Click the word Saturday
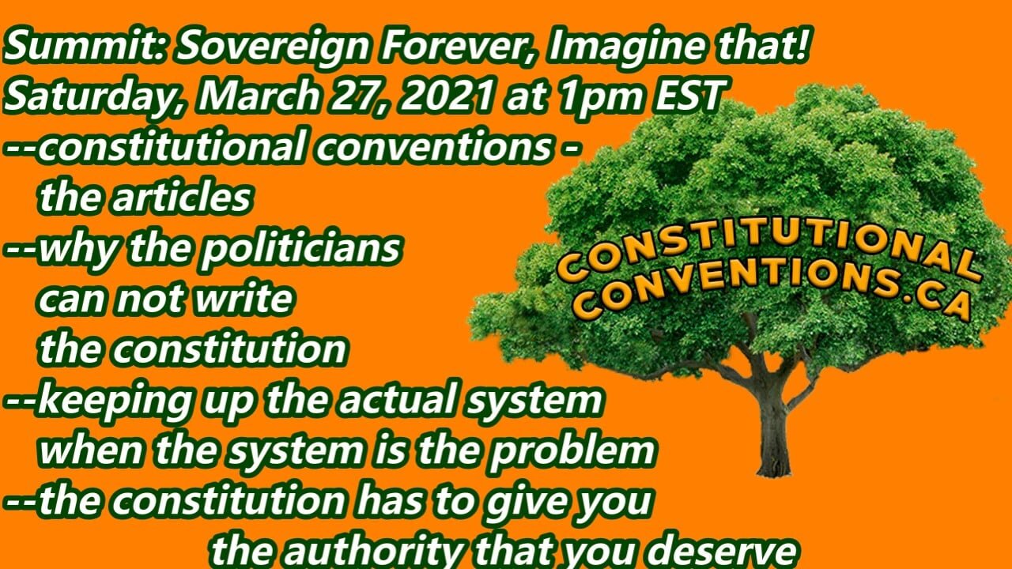[x=95, y=100]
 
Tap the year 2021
[x=450, y=98]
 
